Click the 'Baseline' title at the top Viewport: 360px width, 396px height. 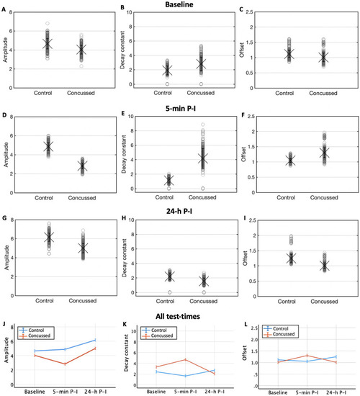[179, 4]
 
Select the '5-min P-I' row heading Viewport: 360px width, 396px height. [181, 109]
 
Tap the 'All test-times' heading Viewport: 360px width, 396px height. [178, 316]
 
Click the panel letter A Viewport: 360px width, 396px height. [4, 9]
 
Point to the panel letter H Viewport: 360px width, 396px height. [124, 217]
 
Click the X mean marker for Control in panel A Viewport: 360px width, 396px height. [48, 44]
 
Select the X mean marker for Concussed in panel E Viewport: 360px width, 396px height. [203, 159]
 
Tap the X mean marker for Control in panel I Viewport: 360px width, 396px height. [292, 258]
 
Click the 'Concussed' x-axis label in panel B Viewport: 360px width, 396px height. [201, 93]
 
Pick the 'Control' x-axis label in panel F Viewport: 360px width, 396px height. [286, 197]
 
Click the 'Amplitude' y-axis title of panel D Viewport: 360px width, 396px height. [6, 155]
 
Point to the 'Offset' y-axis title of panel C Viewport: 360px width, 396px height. [242, 50]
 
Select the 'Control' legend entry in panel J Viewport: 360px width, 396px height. [36, 330]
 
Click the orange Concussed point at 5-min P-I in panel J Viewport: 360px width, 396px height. [65, 364]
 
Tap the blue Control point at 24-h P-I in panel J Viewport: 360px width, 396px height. [95, 340]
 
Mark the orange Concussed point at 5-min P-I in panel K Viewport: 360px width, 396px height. [185, 359]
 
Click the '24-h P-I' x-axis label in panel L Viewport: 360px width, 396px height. [336, 392]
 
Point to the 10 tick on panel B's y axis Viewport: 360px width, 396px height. [129, 12]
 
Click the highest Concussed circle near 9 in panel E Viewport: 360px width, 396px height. [203, 125]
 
